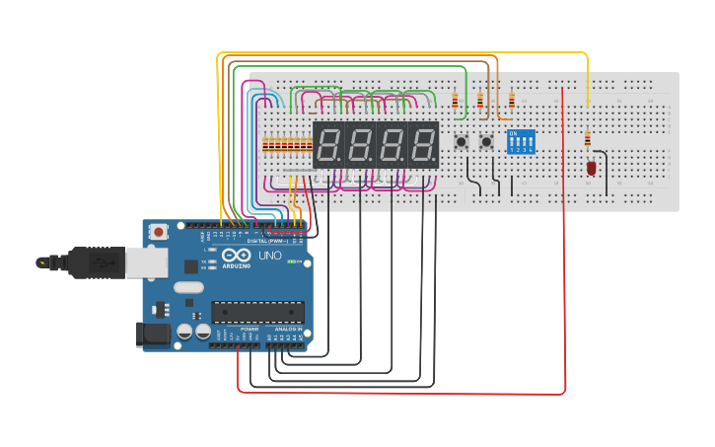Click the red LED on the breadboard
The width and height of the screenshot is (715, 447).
(592, 168)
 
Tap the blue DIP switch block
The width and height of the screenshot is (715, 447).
(521, 141)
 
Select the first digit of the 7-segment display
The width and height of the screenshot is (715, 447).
(329, 145)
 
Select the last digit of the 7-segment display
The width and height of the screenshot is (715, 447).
(424, 145)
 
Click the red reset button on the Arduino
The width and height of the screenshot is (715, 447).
(159, 232)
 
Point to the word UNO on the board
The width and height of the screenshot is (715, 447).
(270, 256)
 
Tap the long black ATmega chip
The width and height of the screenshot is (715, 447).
(257, 313)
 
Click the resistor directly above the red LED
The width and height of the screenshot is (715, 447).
(589, 139)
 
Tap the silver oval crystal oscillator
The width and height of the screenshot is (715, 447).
(188, 288)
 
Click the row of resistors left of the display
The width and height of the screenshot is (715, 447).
(287, 145)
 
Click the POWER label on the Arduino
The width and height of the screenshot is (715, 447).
(236, 329)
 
